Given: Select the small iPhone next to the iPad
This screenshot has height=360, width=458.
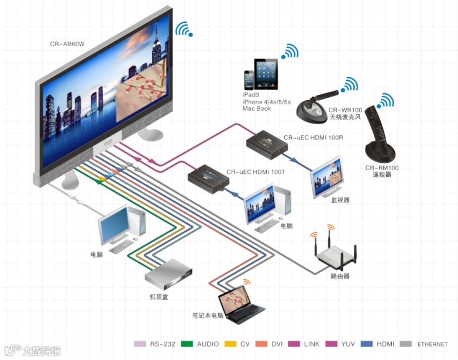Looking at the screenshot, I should [249, 80].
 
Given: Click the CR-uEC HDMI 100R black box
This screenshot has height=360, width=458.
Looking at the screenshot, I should [266, 143].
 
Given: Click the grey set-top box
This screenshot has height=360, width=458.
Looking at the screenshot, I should [168, 275].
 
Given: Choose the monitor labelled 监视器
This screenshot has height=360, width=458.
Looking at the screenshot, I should [326, 177].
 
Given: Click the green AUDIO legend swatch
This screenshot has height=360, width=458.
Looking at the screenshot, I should [187, 344].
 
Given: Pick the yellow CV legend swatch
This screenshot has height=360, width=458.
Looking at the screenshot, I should [230, 344].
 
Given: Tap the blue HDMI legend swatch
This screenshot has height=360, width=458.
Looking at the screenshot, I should [367, 344].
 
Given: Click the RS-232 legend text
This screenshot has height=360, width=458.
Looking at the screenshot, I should [161, 344].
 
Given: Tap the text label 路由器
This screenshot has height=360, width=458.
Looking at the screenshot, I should [340, 276].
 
